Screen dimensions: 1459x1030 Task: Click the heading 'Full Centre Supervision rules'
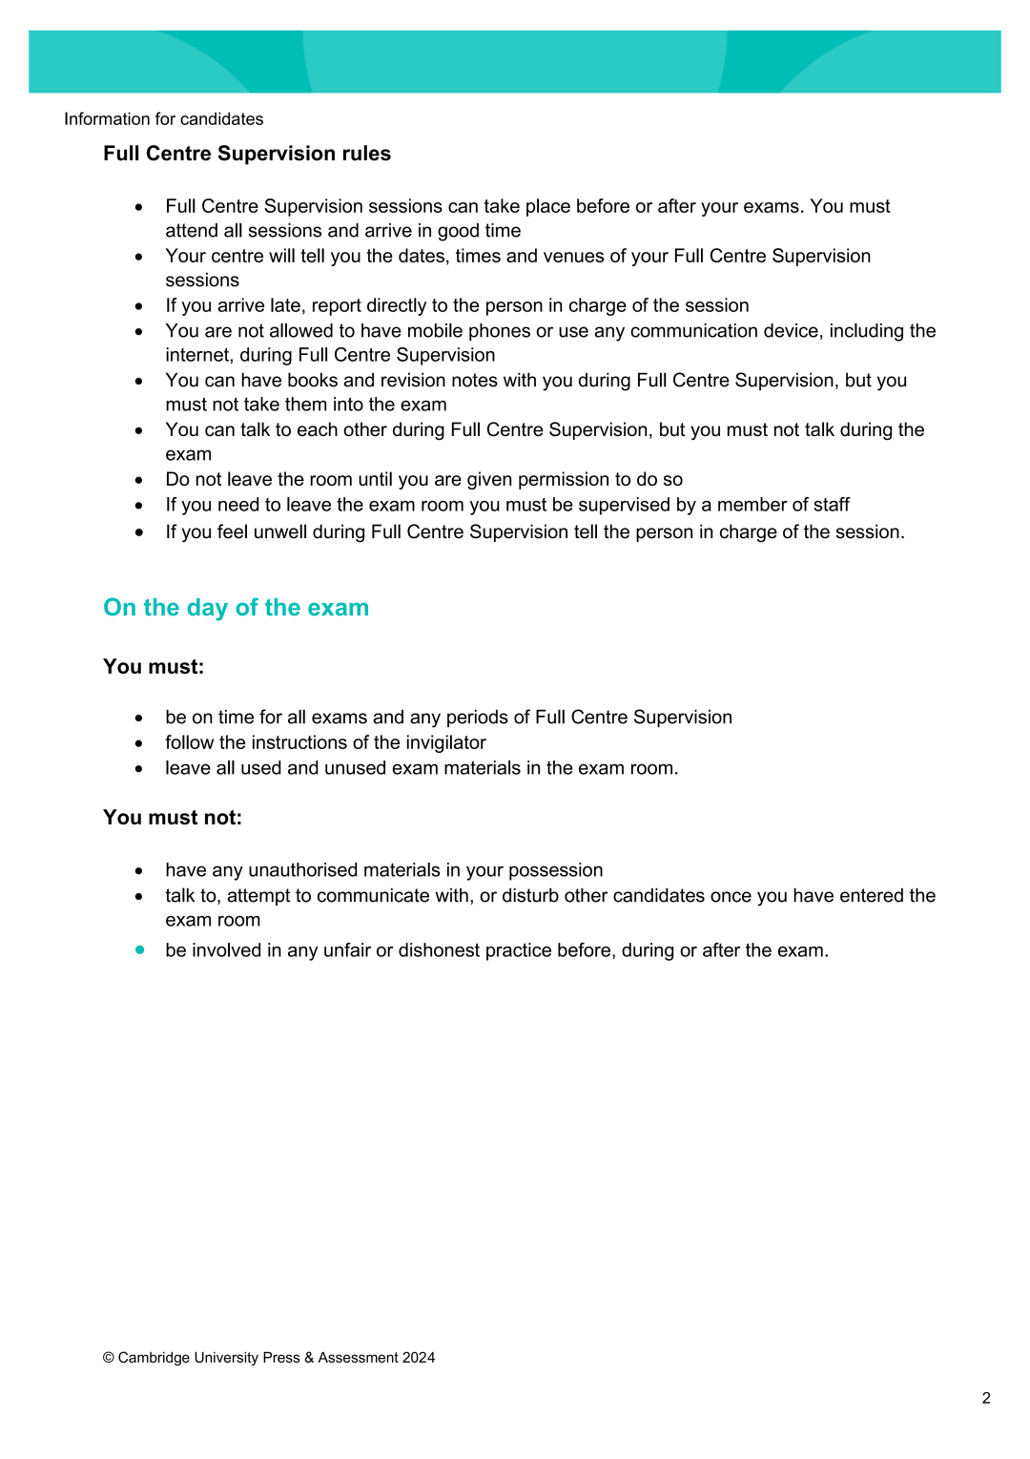tap(247, 154)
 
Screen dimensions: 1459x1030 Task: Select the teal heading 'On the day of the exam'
tap(236, 608)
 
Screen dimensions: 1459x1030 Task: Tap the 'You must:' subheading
tap(154, 667)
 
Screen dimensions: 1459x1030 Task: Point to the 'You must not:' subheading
tap(173, 818)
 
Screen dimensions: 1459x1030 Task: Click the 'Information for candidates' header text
tap(163, 119)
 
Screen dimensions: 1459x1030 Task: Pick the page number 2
tap(986, 1398)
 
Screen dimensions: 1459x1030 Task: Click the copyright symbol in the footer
tap(109, 1358)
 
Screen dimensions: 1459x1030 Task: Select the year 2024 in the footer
tap(419, 1358)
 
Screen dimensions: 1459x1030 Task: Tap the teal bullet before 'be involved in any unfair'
tap(140, 949)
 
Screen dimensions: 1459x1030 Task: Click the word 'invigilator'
tap(445, 742)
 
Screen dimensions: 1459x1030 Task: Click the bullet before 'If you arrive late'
tap(139, 306)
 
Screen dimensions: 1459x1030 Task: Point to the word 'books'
tap(312, 380)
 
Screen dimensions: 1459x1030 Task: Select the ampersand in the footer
tap(309, 1358)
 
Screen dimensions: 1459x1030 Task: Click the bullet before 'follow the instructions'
tap(139, 743)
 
